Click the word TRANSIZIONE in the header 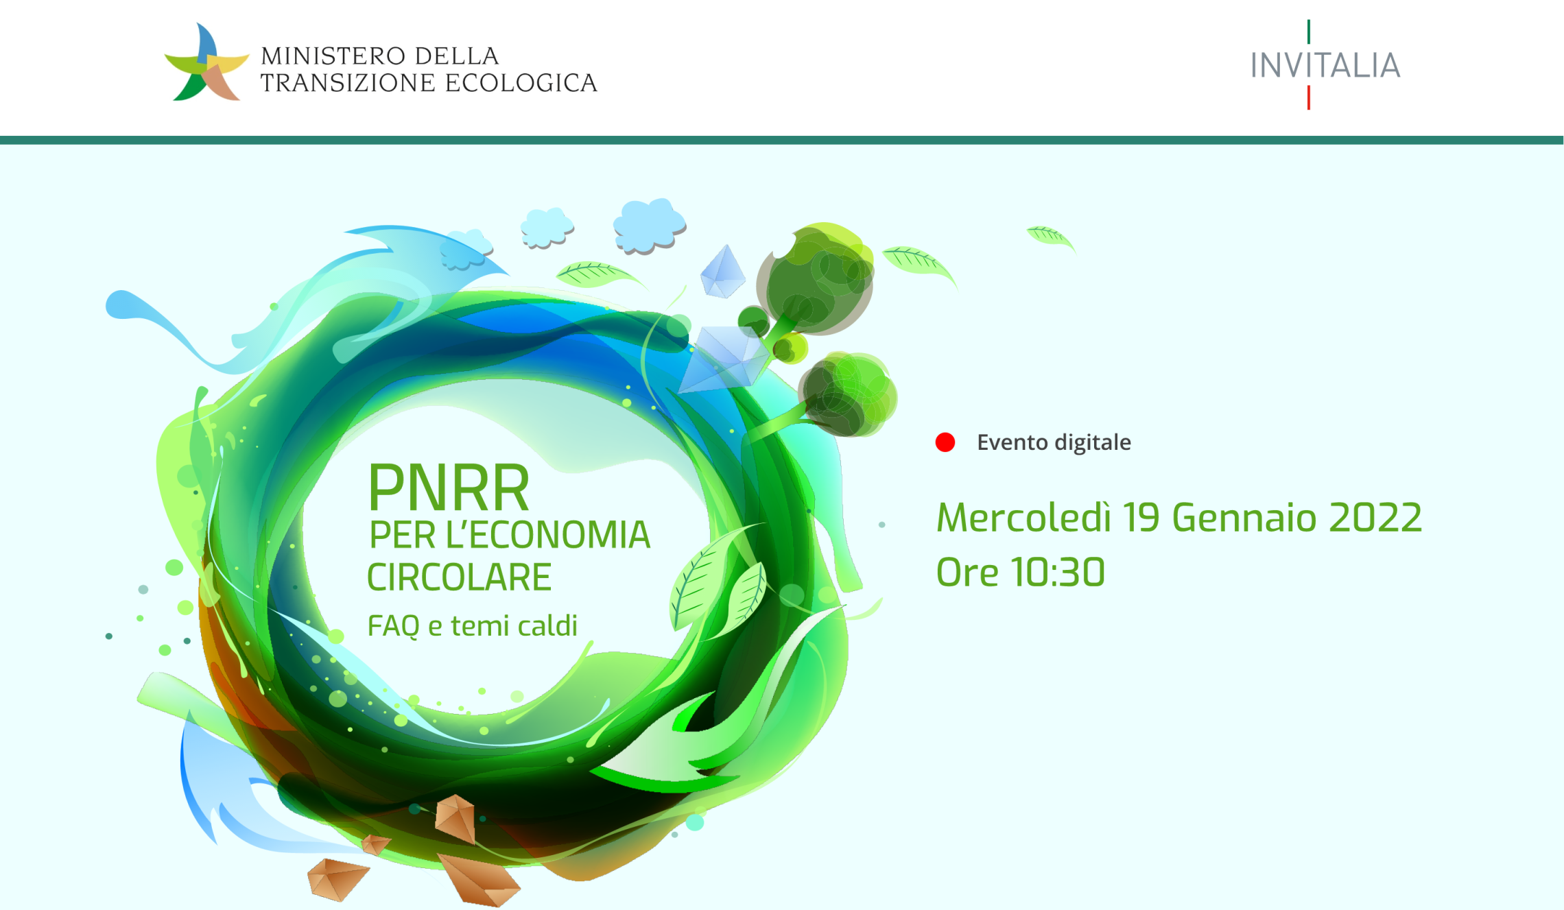pos(348,83)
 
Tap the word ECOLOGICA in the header pos(521,83)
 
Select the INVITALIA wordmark pos(1325,66)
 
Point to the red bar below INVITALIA pos(1309,97)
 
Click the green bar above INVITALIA pos(1309,32)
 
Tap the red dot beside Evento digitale pos(945,442)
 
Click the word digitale pos(1093,442)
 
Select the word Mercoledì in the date pos(1023,518)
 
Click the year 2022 pos(1375,518)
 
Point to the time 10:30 pos(1058,573)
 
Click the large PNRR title pos(449,488)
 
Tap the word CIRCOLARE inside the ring pos(459,577)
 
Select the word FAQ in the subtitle pos(393,626)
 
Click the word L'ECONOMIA pos(547,535)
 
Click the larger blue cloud pos(648,225)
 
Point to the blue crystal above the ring pos(722,272)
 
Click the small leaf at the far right pos(1050,237)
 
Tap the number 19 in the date pos(1141,518)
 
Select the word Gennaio pos(1244,518)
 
